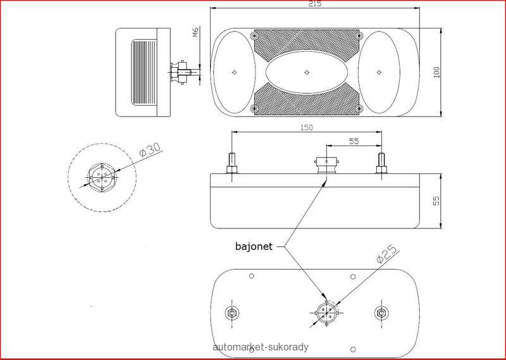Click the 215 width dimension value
point(314,4)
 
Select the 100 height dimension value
point(436,72)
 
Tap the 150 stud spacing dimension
point(306,128)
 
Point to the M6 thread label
point(195,32)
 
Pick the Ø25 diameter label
point(388,254)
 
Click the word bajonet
point(254,247)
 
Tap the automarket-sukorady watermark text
point(261,347)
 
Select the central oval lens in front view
point(307,72)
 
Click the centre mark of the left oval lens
point(235,72)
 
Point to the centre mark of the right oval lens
point(379,72)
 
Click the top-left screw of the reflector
point(254,35)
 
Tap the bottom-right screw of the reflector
point(360,108)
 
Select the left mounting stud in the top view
point(232,163)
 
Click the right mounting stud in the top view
point(381,163)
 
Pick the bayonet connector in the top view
point(326,165)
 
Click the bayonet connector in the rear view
point(326,313)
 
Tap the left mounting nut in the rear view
point(231,313)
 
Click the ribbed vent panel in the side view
point(144,72)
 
